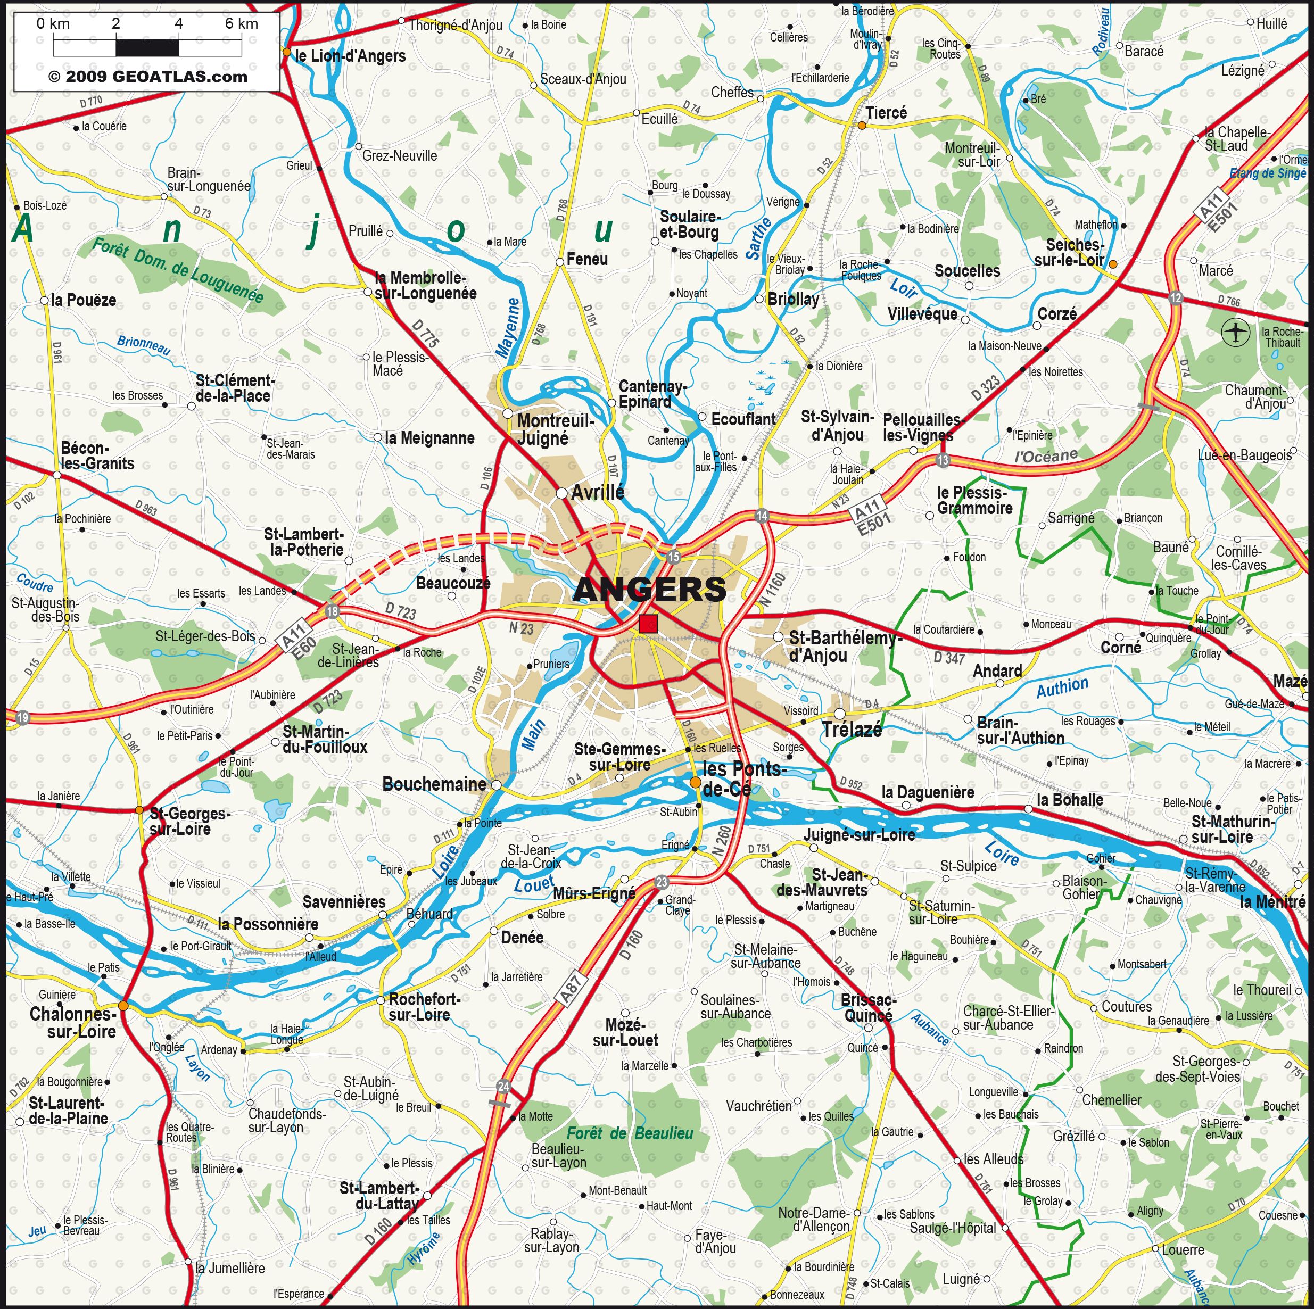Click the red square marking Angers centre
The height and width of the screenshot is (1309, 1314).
[648, 624]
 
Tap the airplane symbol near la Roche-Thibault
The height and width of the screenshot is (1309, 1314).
[1235, 333]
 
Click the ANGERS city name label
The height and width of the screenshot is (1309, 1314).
[649, 590]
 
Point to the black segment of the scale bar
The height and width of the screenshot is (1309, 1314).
[147, 47]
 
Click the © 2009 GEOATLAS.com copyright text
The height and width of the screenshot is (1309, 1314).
[147, 77]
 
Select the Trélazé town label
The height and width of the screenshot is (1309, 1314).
[852, 730]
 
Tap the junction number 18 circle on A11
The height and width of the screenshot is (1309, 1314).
[332, 611]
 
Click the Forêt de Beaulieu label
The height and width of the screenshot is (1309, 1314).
[630, 1133]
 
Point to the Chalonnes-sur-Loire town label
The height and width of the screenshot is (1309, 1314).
[73, 1023]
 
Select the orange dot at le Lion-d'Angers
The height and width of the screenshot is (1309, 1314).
[286, 52]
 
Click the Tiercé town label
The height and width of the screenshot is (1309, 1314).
[886, 113]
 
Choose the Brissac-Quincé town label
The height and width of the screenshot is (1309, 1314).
[869, 1008]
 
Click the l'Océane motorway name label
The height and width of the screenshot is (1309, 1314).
[1045, 455]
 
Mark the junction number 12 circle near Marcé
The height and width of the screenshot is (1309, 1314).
[1176, 298]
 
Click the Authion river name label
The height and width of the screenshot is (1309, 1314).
[1062, 687]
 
